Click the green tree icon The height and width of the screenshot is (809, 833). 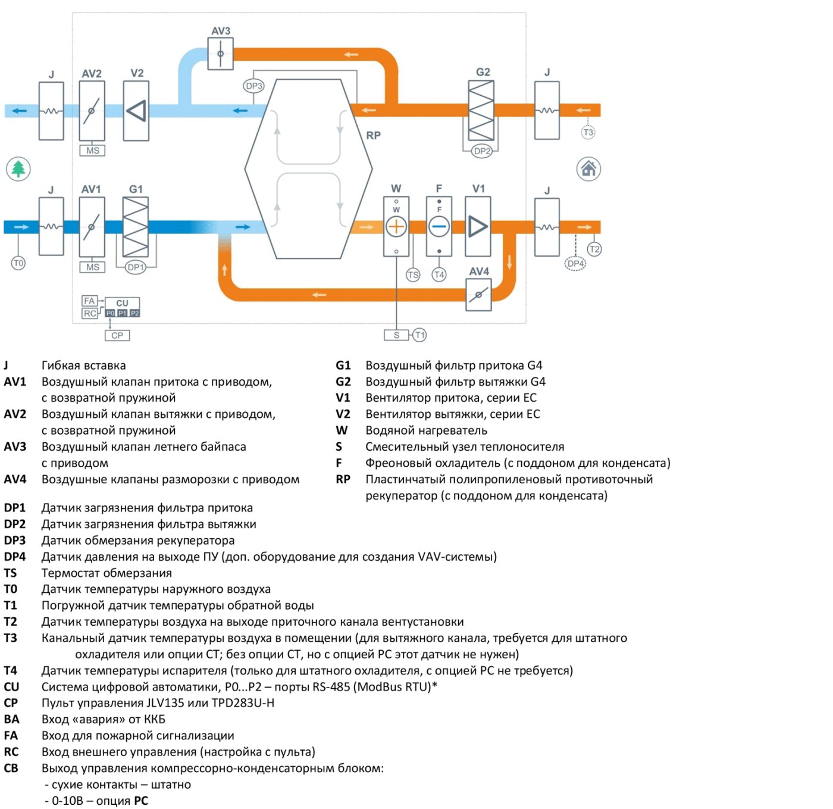[18, 168]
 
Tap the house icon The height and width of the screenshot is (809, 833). [588, 168]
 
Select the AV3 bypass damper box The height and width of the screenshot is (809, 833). [221, 54]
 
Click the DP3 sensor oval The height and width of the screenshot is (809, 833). [253, 86]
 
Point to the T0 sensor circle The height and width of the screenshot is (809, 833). [18, 263]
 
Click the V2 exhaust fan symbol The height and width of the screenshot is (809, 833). [136, 111]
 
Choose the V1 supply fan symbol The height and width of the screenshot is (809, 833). [478, 226]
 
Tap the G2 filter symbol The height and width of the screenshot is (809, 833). [481, 111]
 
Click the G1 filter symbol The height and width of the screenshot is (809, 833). [136, 227]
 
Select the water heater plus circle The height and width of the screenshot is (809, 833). [396, 227]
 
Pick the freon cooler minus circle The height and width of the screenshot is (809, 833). [439, 227]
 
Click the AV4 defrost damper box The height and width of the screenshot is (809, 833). [478, 295]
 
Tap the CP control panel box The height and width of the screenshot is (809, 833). [117, 335]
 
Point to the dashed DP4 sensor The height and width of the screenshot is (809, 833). [575, 263]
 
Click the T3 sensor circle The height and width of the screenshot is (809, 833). [588, 132]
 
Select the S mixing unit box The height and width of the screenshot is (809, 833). [396, 335]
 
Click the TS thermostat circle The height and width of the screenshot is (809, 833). [413, 274]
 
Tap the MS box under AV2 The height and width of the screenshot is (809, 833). [92, 151]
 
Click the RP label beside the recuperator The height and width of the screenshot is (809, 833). [373, 135]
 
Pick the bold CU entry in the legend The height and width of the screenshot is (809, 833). [11, 686]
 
